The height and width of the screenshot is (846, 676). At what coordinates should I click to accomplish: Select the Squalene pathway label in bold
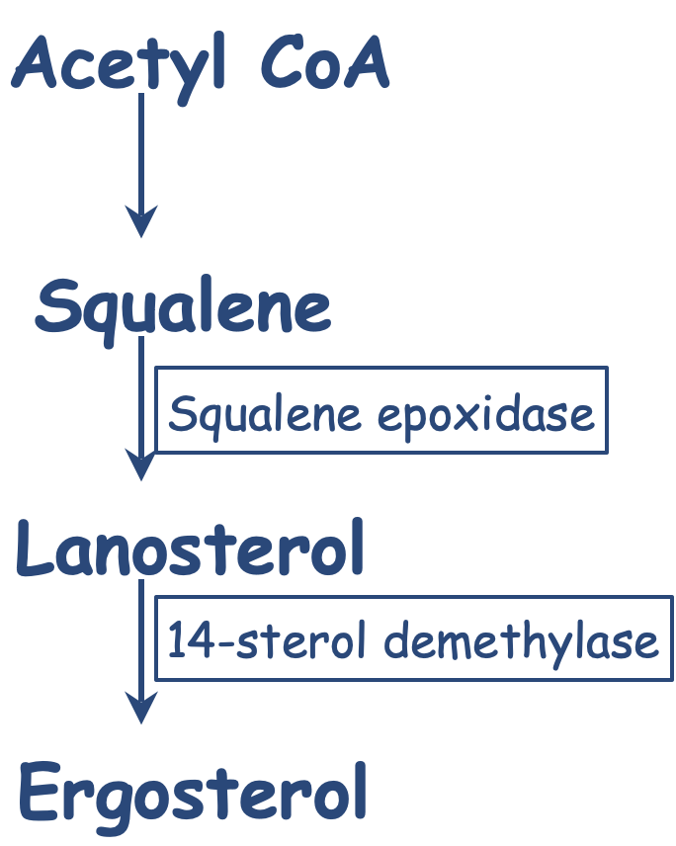(183, 308)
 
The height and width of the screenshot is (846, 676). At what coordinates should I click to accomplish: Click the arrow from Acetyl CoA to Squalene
(142, 158)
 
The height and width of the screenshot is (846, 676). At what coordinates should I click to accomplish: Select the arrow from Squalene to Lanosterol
(142, 405)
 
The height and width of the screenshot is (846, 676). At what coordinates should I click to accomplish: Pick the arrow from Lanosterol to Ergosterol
(142, 647)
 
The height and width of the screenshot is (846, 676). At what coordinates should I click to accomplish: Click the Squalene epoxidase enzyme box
(381, 411)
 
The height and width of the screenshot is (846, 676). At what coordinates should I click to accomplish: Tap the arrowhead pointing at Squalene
(142, 221)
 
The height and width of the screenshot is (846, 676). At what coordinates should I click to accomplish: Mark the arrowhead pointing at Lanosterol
(142, 465)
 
